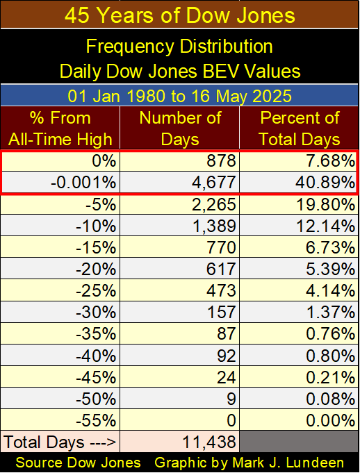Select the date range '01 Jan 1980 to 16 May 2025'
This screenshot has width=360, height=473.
pos(180,96)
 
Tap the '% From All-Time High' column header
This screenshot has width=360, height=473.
pos(60,128)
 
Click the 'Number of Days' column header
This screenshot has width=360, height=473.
pos(180,128)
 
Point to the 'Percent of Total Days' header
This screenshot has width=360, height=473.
pos(300,128)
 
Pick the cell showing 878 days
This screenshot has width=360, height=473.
pos(221,160)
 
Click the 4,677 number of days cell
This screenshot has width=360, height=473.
pos(213,183)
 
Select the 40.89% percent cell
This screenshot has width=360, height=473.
pos(326,183)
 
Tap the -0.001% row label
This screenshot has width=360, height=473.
pos(83,183)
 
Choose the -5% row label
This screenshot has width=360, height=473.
pos(101,204)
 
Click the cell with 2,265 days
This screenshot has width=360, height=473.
pos(213,204)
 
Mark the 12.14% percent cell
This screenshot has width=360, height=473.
pos(326,226)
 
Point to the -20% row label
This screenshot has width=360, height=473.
pos(96,269)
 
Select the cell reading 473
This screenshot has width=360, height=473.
pos(221,290)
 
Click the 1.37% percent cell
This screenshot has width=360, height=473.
pos(331,312)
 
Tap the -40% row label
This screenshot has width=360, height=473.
pos(96,356)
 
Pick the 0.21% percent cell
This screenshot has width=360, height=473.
pos(331,377)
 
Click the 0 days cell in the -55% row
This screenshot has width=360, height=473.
pos(231,420)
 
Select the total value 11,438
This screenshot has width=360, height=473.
pos(209,442)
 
